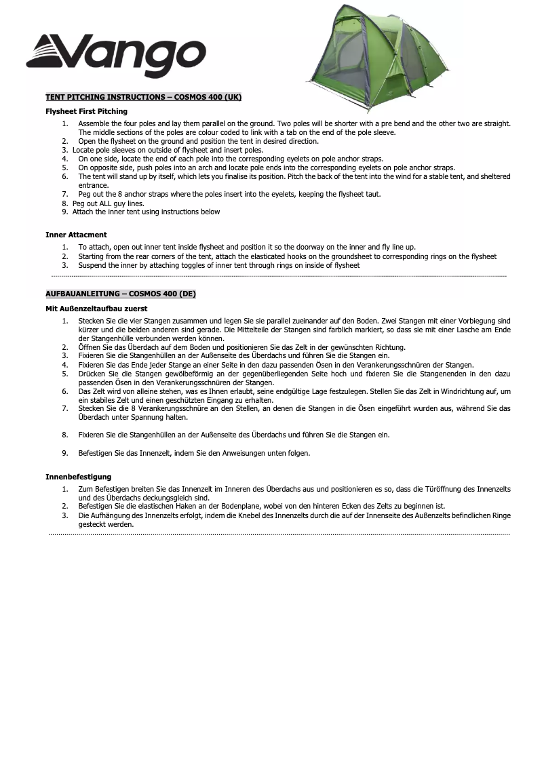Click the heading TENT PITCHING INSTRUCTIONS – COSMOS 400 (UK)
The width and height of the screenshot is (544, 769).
[143, 97]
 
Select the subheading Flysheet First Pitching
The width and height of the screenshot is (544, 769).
[86, 111]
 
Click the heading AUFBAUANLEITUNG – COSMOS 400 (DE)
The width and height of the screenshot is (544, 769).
[120, 294]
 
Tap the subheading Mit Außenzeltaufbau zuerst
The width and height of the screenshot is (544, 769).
[96, 309]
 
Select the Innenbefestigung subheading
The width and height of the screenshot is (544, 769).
[78, 477]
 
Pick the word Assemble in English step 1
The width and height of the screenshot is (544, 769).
[93, 124]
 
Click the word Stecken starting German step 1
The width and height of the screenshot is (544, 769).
[91, 321]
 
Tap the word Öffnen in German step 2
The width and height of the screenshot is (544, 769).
[90, 347]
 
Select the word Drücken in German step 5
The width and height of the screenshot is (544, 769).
[91, 374]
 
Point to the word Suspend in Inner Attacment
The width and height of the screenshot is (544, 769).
[92, 265]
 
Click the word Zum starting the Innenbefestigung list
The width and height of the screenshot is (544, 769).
[85, 489]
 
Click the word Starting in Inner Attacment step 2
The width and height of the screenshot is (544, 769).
[92, 256]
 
